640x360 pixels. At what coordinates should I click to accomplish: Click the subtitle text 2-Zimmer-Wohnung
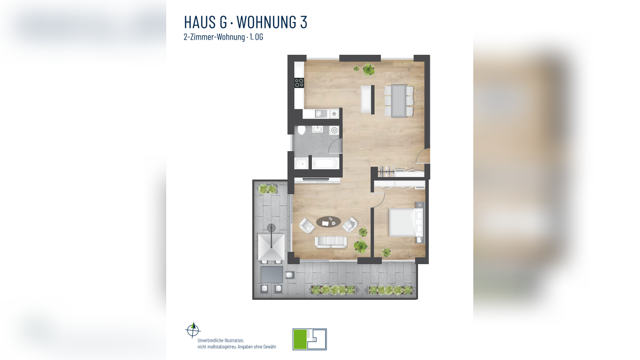pyautogui.click(x=214, y=37)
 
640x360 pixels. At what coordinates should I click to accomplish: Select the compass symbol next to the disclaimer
pyautogui.click(x=193, y=330)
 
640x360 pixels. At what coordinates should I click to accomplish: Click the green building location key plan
pyautogui.click(x=309, y=339)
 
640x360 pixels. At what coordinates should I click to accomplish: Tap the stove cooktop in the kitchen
pyautogui.click(x=299, y=83)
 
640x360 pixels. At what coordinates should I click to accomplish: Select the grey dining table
pyautogui.click(x=398, y=100)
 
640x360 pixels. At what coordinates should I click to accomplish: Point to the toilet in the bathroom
pyautogui.click(x=302, y=130)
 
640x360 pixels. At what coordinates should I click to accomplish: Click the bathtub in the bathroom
pyautogui.click(x=325, y=163)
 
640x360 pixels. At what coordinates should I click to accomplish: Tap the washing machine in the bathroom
pyautogui.click(x=334, y=130)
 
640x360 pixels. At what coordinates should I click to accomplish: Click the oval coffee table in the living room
pyautogui.click(x=329, y=222)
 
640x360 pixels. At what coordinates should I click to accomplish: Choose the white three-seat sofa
pyautogui.click(x=331, y=241)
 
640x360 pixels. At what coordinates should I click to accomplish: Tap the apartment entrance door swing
pyautogui.click(x=423, y=156)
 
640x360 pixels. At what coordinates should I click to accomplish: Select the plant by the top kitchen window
pyautogui.click(x=368, y=69)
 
